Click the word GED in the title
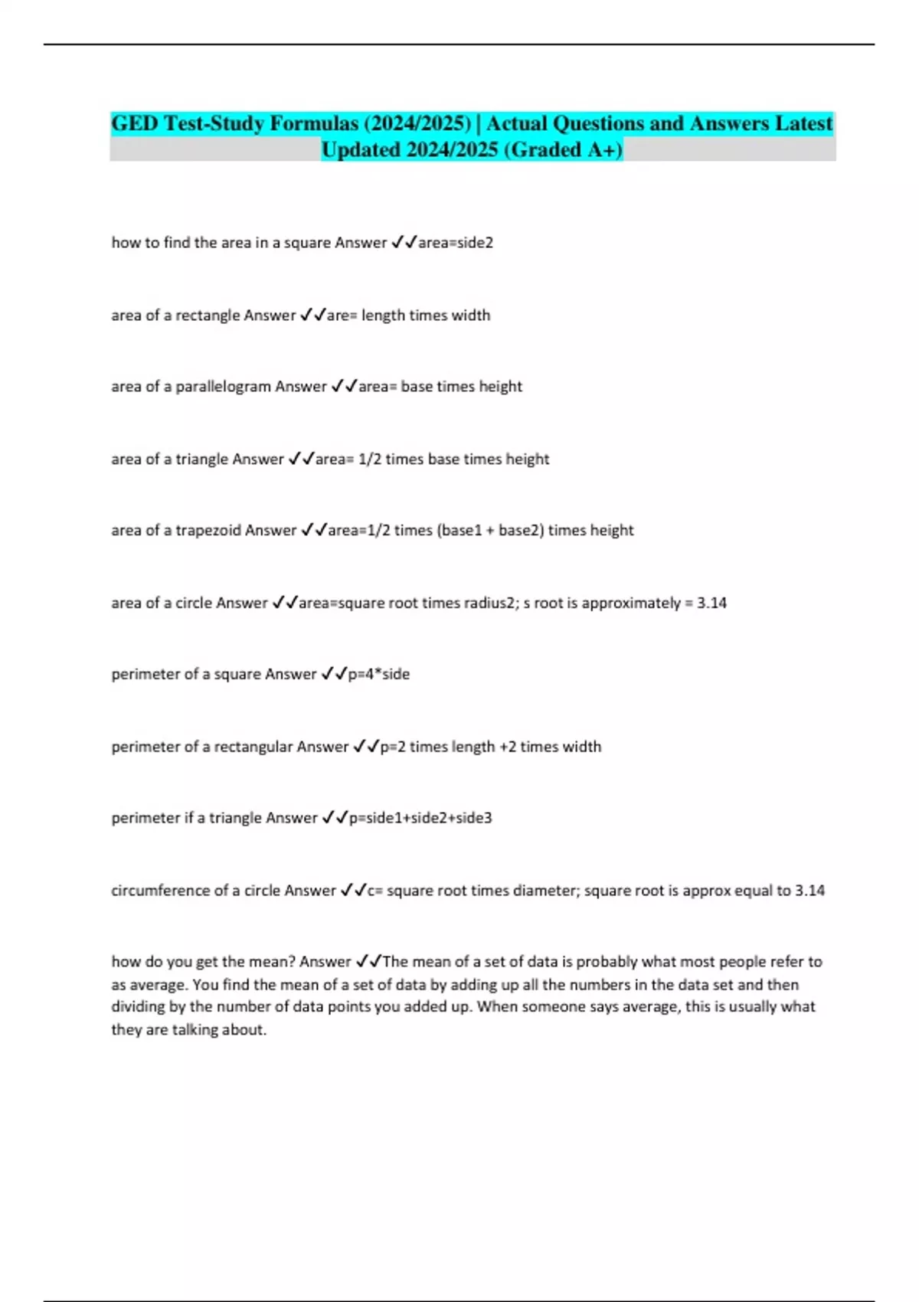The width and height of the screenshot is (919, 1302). pyautogui.click(x=135, y=123)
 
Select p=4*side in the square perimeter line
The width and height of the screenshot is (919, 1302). pyautogui.click(x=378, y=674)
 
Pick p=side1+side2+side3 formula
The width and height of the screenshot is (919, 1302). pyautogui.click(x=420, y=818)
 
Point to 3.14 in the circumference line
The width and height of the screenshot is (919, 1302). pyautogui.click(x=809, y=891)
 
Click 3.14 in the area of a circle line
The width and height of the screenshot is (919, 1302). pyautogui.click(x=711, y=603)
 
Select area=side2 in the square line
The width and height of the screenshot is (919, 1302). pyautogui.click(x=456, y=243)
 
